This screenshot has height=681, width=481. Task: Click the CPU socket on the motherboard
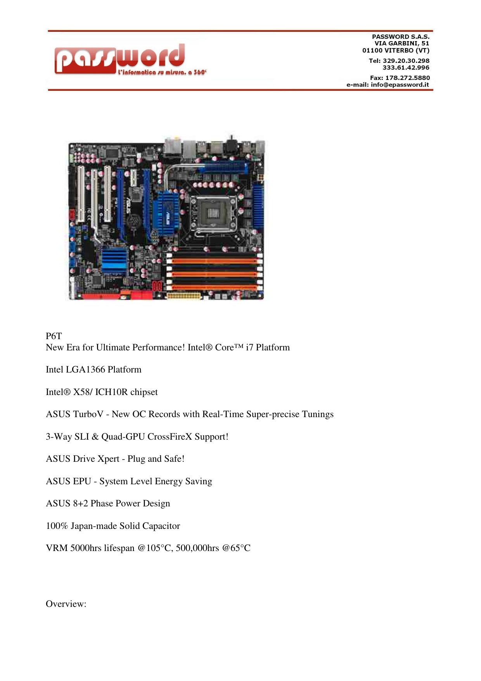[x=212, y=213]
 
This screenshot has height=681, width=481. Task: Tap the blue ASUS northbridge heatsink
[x=167, y=215]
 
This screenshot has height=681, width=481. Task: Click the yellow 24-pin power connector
[x=184, y=296]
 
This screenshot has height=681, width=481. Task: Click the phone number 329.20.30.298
[x=406, y=61]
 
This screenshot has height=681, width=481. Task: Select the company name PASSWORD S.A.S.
[x=401, y=36]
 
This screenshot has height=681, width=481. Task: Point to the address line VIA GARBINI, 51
[x=402, y=43]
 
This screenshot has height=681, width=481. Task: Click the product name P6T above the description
[x=54, y=336]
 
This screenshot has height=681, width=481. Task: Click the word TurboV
[x=88, y=414]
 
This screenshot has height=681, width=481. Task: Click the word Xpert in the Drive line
[x=108, y=459]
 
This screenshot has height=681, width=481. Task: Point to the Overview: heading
[x=66, y=604]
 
